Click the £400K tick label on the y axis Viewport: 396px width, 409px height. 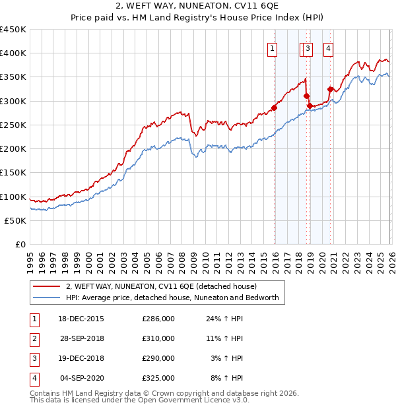(x=13, y=53)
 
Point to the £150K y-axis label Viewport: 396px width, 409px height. (x=13, y=173)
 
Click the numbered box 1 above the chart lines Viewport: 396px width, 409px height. (x=273, y=47)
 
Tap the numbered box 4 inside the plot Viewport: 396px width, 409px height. (x=328, y=47)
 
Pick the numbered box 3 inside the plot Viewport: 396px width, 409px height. (x=308, y=47)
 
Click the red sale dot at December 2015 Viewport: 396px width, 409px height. (x=274, y=108)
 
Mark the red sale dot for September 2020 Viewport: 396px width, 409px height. (x=331, y=89)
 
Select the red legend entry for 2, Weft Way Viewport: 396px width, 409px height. (x=165, y=286)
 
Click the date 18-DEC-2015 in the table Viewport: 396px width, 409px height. (x=81, y=319)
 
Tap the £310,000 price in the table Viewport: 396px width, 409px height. (x=158, y=338)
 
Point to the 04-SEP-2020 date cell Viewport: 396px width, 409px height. (x=82, y=378)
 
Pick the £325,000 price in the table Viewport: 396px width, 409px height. (x=158, y=378)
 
